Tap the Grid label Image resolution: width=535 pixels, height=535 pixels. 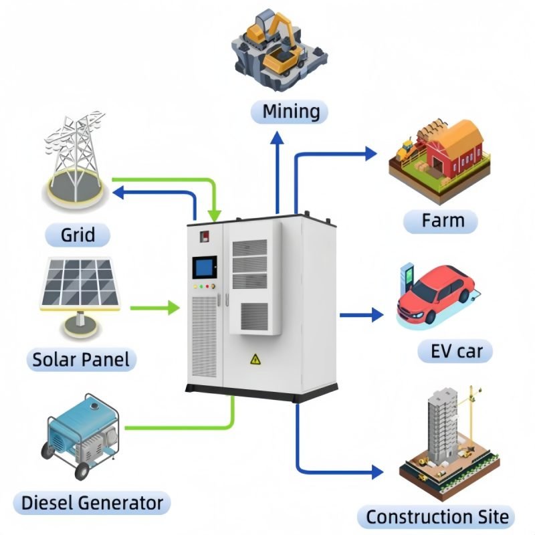(x=78, y=235)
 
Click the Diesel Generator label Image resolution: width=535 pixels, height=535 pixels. (x=92, y=502)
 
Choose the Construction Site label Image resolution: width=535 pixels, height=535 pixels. (x=437, y=516)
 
